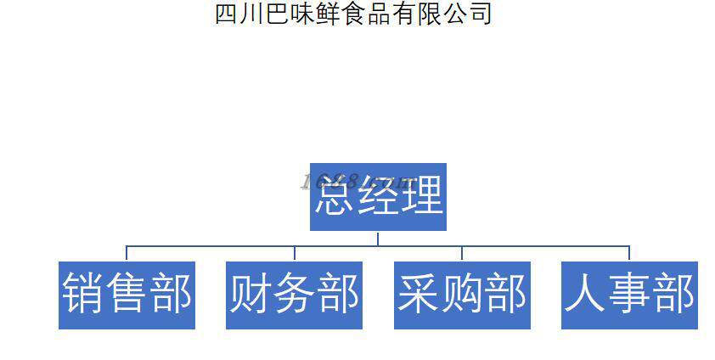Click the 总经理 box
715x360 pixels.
click(x=378, y=197)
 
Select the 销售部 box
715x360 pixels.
click(x=127, y=295)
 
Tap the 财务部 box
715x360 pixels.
click(x=294, y=295)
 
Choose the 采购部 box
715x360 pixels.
click(x=462, y=295)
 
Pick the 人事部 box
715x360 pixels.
click(x=629, y=295)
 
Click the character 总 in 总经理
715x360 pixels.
click(x=335, y=197)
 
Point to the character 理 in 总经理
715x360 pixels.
click(x=422, y=197)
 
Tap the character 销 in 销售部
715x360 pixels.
click(x=82, y=295)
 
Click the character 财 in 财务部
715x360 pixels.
click(x=250, y=295)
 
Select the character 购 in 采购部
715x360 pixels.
click(x=462, y=295)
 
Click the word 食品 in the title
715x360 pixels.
click(x=374, y=14)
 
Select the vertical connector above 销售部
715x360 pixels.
click(x=127, y=253)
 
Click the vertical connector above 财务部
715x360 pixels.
click(x=294, y=253)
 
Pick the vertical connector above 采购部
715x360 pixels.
click(x=462, y=253)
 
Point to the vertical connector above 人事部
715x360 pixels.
click(x=629, y=253)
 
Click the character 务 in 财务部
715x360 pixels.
click(x=294, y=295)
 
